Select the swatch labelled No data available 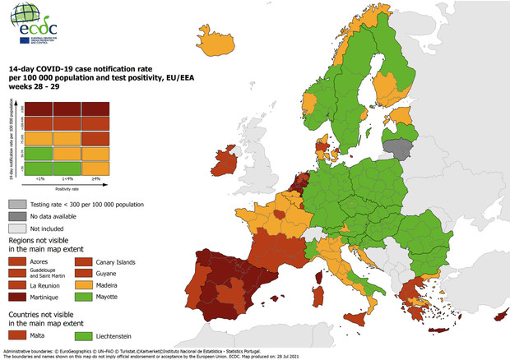[x=16, y=215]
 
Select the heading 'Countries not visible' [x=49, y=314]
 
